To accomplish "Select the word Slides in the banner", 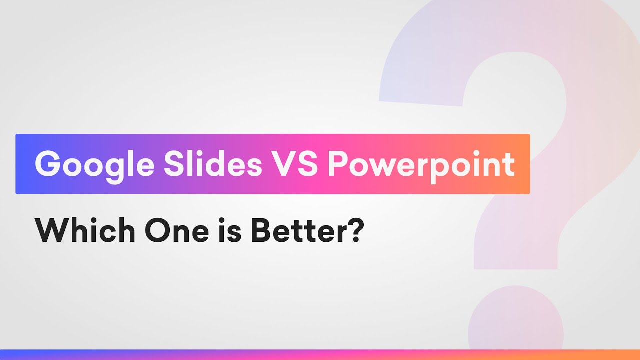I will coord(213,164).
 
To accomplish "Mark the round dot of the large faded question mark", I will coord(515,320).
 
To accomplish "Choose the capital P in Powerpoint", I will coord(339,164).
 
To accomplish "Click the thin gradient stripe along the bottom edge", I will coord(320,354).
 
